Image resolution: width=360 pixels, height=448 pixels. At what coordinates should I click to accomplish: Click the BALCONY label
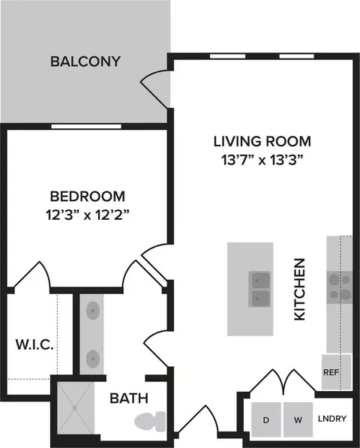(85, 62)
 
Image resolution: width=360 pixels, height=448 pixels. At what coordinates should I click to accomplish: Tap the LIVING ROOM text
(262, 141)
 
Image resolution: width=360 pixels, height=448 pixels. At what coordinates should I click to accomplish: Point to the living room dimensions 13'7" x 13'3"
(262, 160)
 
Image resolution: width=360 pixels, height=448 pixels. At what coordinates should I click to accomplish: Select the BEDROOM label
(88, 197)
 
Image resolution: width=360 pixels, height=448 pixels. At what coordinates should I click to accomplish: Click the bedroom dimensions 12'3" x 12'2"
(88, 215)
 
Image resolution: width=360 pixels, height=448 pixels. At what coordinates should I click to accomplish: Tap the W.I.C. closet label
(34, 344)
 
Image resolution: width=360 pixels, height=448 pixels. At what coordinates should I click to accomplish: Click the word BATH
(129, 398)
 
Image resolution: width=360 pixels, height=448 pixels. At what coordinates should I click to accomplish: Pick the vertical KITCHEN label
(300, 289)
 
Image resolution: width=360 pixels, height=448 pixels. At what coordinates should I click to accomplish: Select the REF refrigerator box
(336, 372)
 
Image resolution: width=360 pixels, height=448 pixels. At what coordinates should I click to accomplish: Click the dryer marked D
(266, 419)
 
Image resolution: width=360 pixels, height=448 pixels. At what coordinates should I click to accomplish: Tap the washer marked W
(298, 419)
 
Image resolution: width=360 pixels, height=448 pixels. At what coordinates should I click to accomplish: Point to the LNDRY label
(332, 419)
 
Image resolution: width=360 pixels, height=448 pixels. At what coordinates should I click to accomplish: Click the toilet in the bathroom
(150, 422)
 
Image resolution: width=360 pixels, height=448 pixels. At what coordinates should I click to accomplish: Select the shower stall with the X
(75, 408)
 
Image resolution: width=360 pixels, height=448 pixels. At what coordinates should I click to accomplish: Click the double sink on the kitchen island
(259, 289)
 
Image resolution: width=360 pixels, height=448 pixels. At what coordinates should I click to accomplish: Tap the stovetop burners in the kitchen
(340, 287)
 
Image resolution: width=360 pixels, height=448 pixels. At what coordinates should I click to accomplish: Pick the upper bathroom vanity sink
(92, 310)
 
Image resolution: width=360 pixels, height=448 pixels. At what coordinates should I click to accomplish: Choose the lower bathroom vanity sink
(92, 358)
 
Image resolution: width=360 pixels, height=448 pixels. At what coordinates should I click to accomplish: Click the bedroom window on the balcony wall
(86, 127)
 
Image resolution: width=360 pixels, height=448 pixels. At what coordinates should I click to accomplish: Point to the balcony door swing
(155, 88)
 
